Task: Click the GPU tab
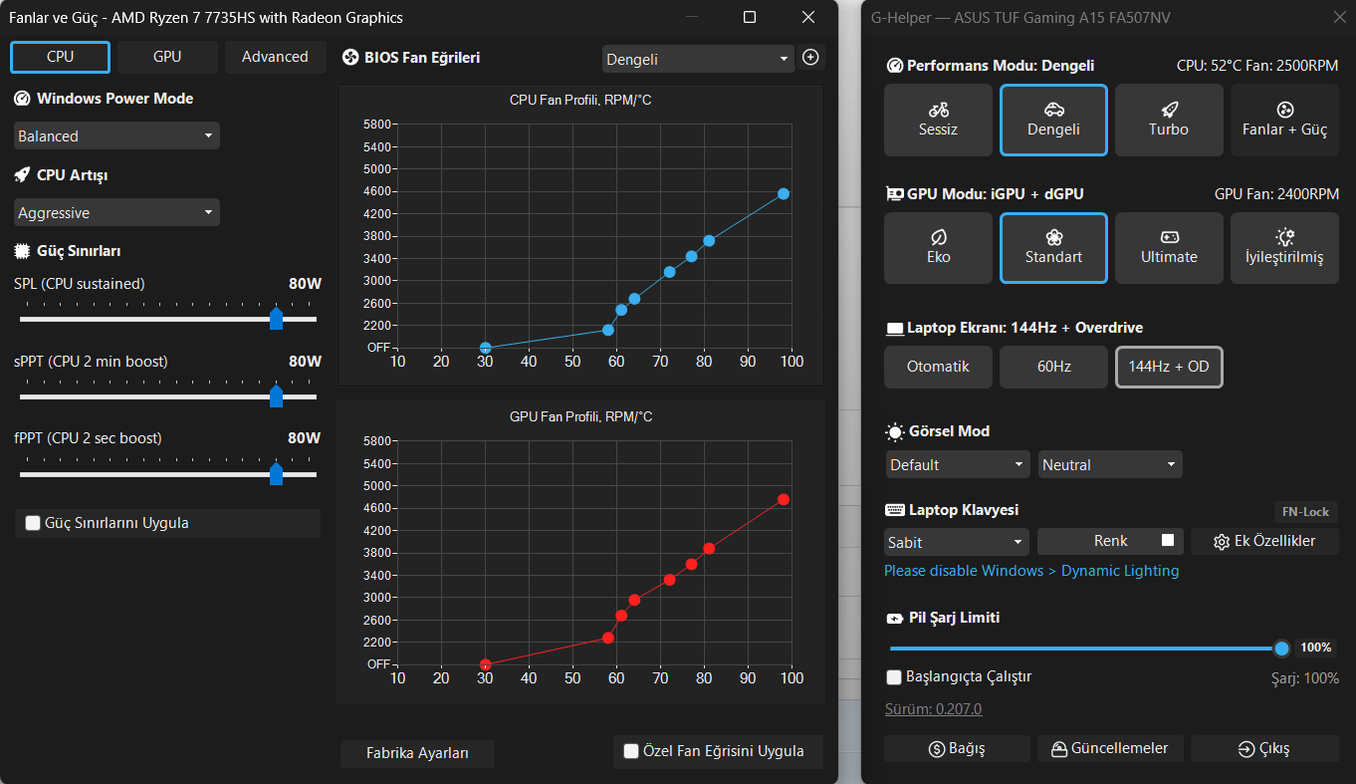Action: coord(167,57)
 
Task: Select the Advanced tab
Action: coord(275,57)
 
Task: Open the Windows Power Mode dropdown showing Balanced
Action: coord(116,135)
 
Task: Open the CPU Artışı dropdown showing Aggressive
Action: coord(116,212)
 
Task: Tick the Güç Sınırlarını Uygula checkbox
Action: coord(33,523)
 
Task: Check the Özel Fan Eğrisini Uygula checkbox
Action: coord(631,751)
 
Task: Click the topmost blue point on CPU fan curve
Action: coord(784,194)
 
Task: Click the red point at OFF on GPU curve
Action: coord(485,664)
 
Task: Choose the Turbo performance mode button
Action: coord(1169,120)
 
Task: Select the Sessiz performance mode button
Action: coord(938,120)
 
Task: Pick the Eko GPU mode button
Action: coord(938,248)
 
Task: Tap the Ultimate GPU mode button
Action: coord(1169,248)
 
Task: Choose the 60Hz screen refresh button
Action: coord(1053,367)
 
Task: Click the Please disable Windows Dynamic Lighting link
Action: coord(1031,571)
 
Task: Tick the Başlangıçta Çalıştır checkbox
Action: coord(893,677)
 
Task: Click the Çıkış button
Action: coord(1264,749)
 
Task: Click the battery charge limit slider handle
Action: coord(1281,649)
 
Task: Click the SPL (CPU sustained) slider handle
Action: coord(276,319)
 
